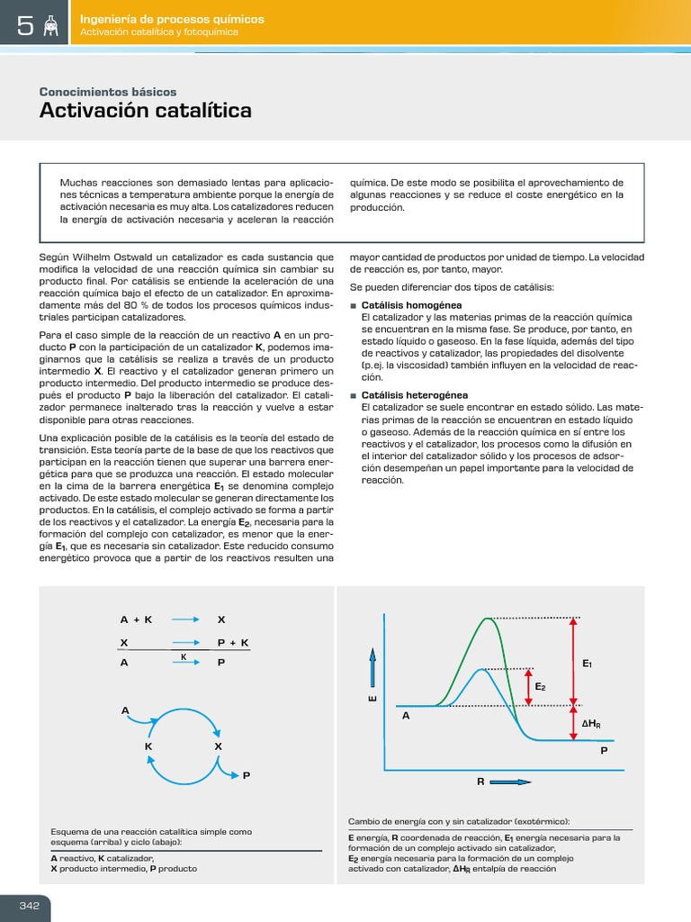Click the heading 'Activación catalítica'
coord(146,111)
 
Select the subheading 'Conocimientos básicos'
coord(108,92)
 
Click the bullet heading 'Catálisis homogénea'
coord(411,304)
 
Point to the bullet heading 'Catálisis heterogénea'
coord(415,395)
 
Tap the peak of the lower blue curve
coord(485,669)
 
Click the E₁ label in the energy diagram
coord(587,664)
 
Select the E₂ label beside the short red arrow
coord(540,686)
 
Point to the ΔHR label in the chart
coord(591,724)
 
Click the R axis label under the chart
coord(481,782)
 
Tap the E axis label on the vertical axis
coord(372,699)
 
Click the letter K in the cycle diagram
coord(148,746)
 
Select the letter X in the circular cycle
coord(218,746)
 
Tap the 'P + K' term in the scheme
coord(233,642)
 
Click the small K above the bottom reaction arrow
coord(184,656)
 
